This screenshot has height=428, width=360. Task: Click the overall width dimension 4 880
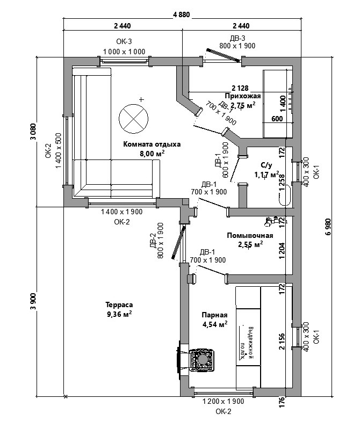point(181,14)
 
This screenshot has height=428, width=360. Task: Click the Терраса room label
point(120,304)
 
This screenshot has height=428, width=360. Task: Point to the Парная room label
point(214,315)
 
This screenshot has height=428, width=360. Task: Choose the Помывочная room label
point(250,235)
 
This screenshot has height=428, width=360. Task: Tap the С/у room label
point(267,166)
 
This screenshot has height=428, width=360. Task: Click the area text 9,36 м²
point(120,315)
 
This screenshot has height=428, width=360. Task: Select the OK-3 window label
point(124,41)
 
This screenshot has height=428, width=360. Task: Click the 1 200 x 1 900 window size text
point(222,402)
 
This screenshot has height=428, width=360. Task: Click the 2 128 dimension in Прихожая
point(240,88)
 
